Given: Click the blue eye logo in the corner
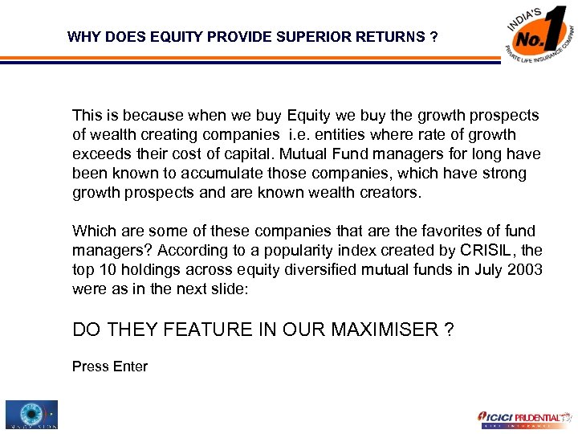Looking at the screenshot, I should tap(30, 415).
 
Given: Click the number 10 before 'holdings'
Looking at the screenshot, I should tap(106, 271).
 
